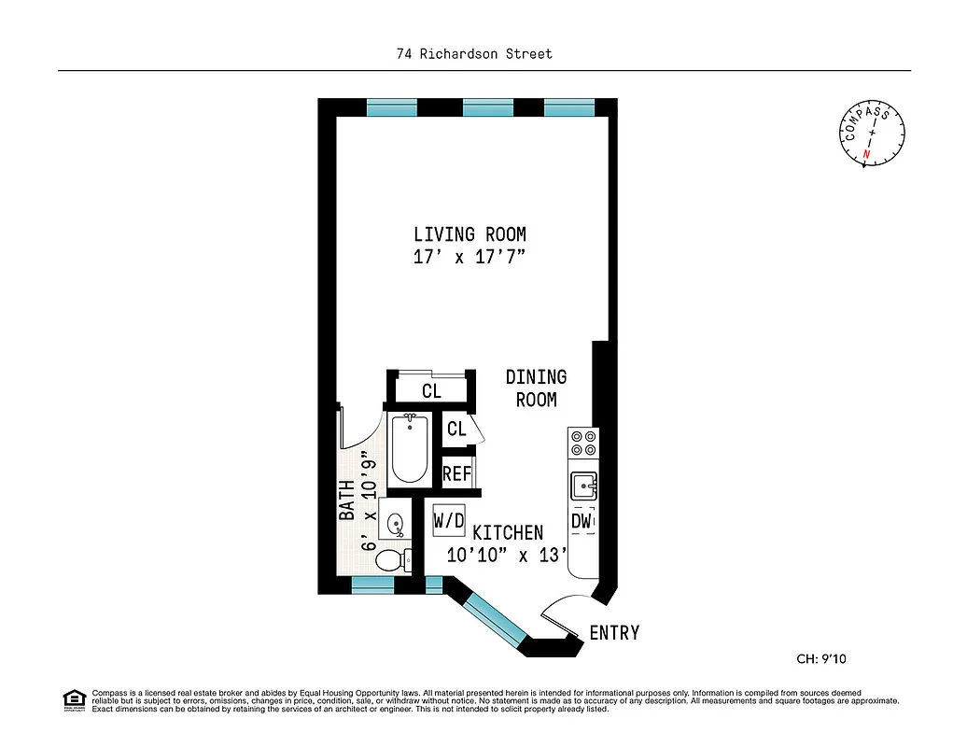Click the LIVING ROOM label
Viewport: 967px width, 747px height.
click(x=469, y=234)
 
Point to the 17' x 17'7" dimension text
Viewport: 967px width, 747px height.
click(x=469, y=259)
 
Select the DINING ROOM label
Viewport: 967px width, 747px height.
click(x=536, y=388)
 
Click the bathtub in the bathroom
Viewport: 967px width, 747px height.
click(x=408, y=449)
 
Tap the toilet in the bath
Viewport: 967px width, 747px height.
click(x=392, y=561)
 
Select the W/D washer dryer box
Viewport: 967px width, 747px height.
click(x=449, y=520)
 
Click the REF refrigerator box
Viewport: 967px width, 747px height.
click(x=456, y=473)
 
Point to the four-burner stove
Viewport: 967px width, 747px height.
click(x=583, y=443)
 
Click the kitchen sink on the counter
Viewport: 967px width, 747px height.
click(x=583, y=485)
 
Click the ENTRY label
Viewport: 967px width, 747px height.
click(x=614, y=633)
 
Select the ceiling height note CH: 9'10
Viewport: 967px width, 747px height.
click(x=820, y=658)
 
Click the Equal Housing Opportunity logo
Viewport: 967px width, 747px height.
click(x=73, y=699)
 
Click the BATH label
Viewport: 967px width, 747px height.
click(x=346, y=500)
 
